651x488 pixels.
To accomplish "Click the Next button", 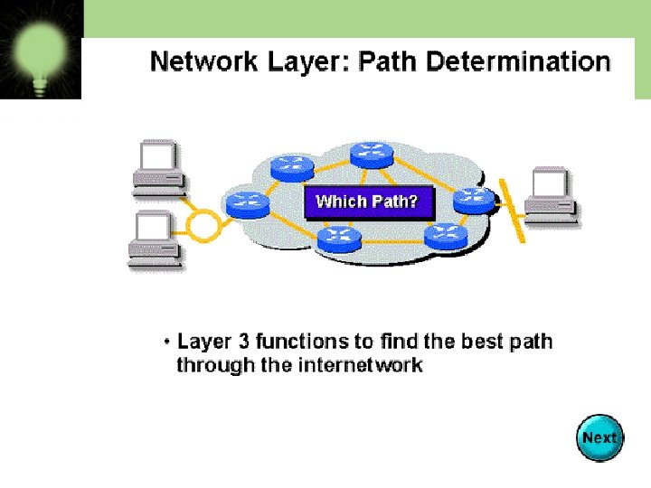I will pos(599,438).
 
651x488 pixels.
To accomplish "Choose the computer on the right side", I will pos(552,195).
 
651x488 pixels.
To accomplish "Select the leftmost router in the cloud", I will pos(246,203).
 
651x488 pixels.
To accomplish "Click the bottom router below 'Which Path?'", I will pos(339,239).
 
